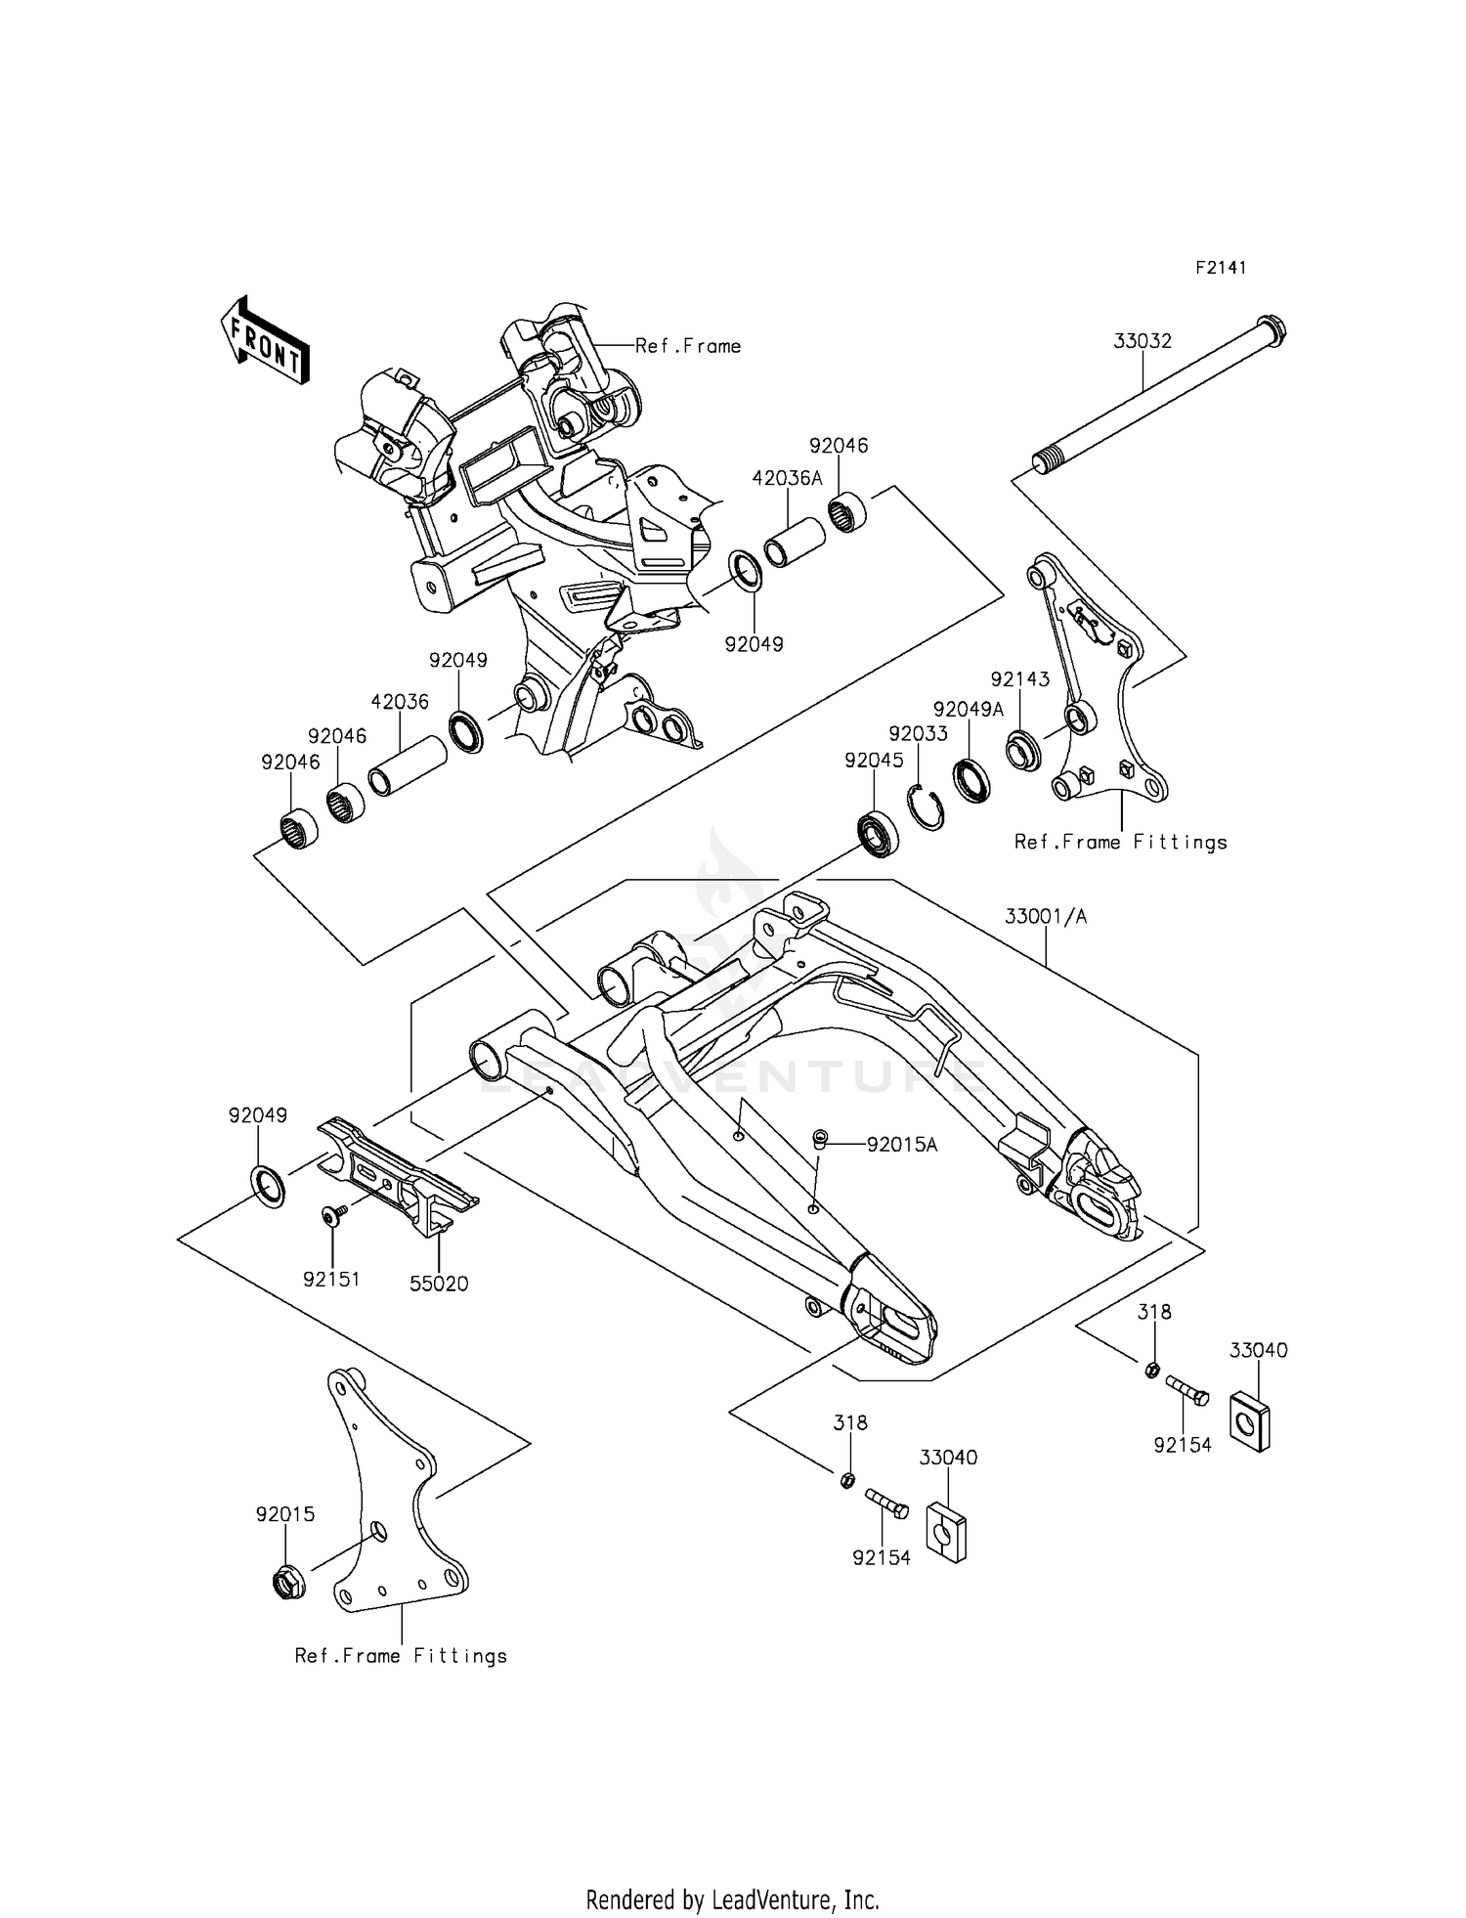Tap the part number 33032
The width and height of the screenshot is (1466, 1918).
1143,341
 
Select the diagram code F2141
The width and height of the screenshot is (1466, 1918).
1221,268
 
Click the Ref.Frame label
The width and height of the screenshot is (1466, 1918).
688,346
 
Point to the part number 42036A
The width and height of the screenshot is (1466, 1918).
787,478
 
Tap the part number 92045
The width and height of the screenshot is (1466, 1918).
874,760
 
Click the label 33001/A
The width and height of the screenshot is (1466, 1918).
1046,917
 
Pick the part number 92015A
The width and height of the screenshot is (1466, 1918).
902,1145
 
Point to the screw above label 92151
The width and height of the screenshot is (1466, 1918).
332,1214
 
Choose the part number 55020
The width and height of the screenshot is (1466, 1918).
439,1284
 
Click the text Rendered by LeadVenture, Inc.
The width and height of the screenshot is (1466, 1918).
732,1872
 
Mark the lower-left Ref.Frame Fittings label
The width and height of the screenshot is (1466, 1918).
401,1656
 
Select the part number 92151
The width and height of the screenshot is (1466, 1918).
331,1279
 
